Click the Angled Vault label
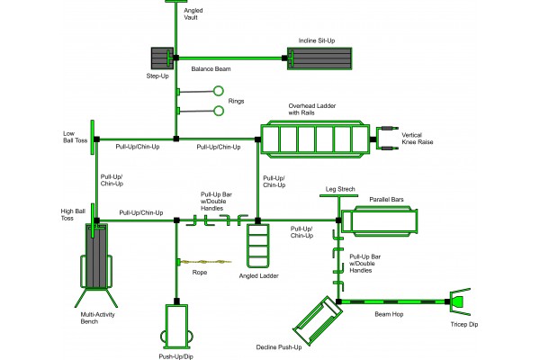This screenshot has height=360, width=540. (x=193, y=13)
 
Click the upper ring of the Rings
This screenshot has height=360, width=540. (x=217, y=91)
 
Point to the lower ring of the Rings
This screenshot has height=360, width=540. (x=217, y=111)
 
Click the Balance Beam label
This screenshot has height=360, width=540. (x=209, y=67)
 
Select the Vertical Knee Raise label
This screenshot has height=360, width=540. (x=418, y=139)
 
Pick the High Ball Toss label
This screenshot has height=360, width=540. (x=72, y=214)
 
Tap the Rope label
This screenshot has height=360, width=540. (x=200, y=271)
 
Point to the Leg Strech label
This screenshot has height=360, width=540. (x=340, y=190)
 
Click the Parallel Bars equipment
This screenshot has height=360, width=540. (x=390, y=220)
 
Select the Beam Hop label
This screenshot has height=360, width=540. (x=390, y=314)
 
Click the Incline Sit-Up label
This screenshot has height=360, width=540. (x=316, y=40)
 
